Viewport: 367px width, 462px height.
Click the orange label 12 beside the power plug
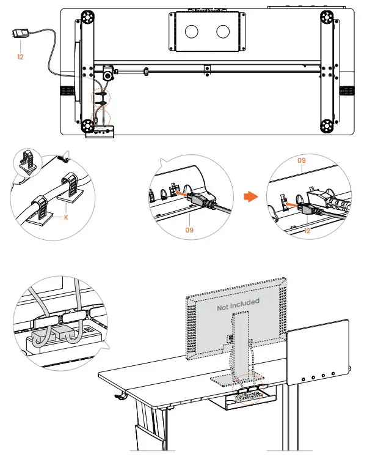20,56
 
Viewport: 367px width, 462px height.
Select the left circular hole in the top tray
192,32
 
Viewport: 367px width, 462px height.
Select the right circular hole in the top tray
223,32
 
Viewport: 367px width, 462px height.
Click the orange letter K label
66,217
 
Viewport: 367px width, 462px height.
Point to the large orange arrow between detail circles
251,197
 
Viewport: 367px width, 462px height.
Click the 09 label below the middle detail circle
189,230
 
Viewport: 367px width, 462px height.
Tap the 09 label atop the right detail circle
302,160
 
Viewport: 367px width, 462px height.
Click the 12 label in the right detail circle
307,231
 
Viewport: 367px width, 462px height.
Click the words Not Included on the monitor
238,305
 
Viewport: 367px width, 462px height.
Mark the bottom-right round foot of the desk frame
327,126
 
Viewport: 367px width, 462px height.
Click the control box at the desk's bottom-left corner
100,132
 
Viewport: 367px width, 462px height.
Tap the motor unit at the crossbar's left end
108,73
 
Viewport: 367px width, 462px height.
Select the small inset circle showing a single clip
28,162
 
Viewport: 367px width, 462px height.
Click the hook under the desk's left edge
120,397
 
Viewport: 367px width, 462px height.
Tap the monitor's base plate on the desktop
237,379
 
